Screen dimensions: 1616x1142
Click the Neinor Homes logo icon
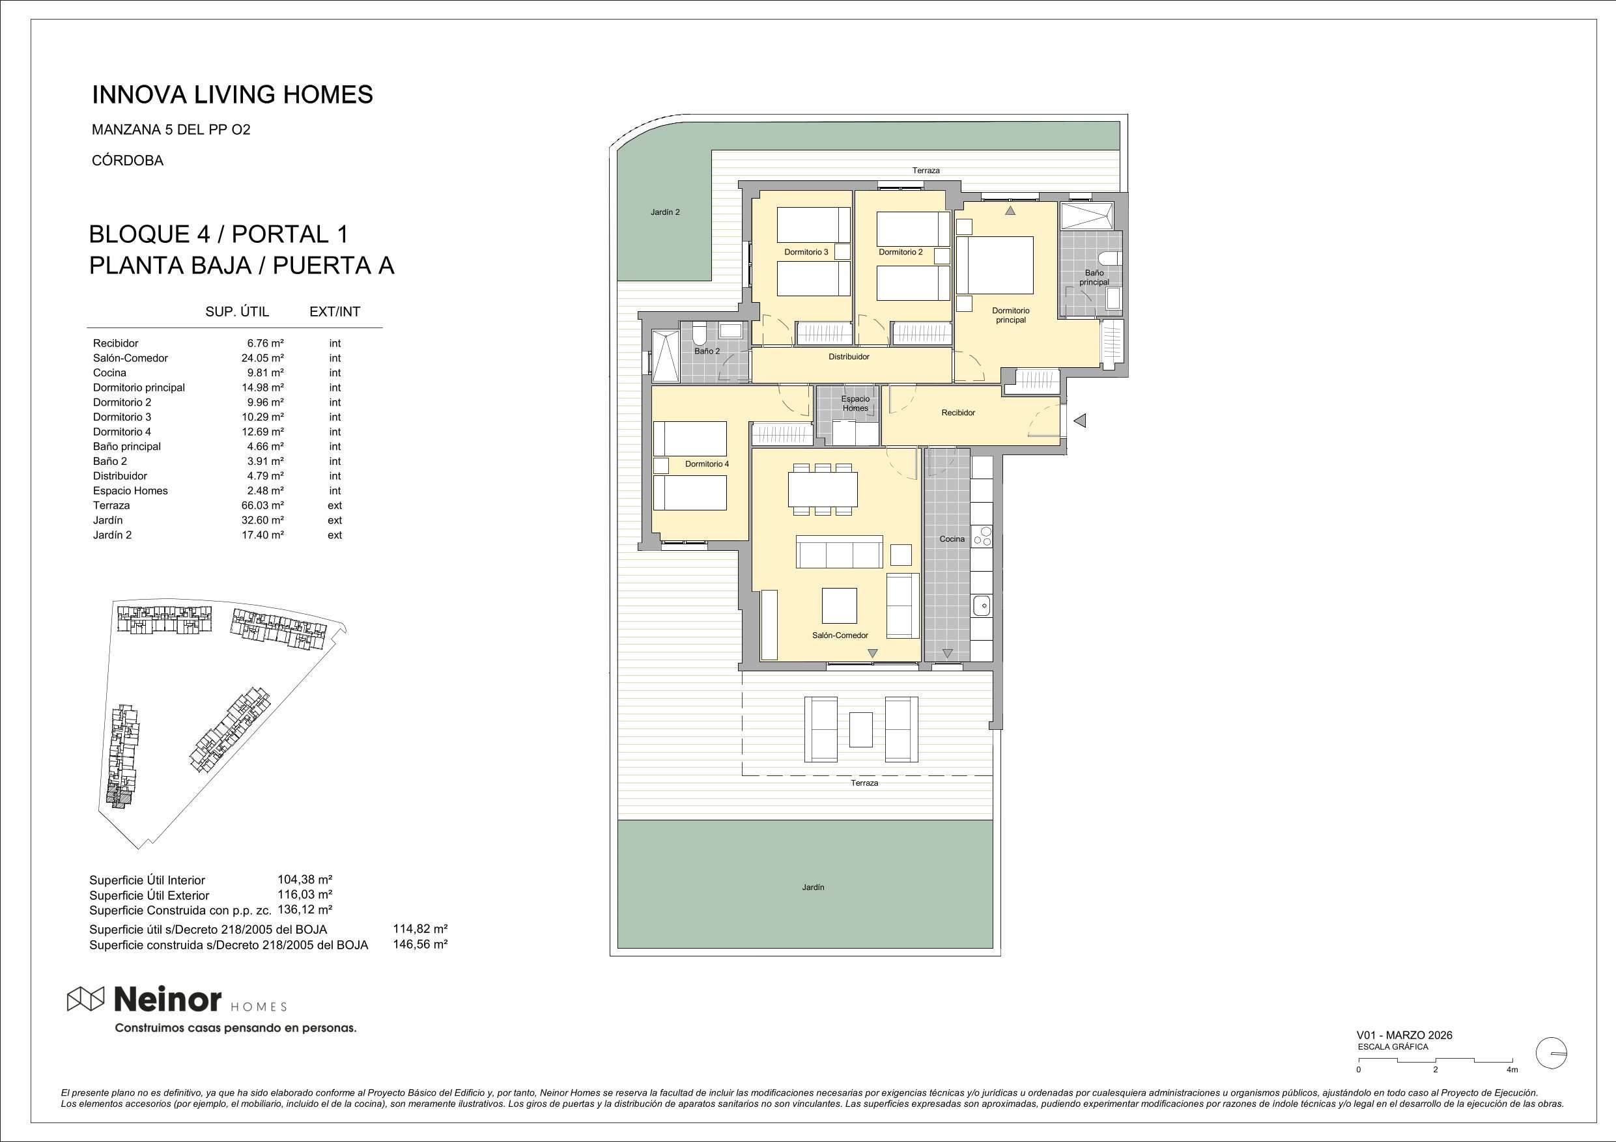pyautogui.click(x=86, y=999)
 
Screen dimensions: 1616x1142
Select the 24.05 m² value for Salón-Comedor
pyautogui.click(x=262, y=358)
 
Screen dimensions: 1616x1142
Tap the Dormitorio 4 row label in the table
pyautogui.click(x=122, y=432)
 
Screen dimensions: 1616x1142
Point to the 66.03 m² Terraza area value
pyautogui.click(x=262, y=505)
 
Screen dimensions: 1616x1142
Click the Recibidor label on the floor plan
pyautogui.click(x=958, y=413)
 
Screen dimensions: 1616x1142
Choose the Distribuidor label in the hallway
pyautogui.click(x=849, y=357)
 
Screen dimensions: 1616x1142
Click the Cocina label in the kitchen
pyautogui.click(x=952, y=539)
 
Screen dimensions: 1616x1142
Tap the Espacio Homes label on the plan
pyautogui.click(x=855, y=403)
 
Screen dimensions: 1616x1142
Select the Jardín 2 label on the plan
pyautogui.click(x=665, y=212)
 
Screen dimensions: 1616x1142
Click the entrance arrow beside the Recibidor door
pyautogui.click(x=1080, y=421)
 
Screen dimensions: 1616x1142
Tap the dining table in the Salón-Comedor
pyautogui.click(x=823, y=489)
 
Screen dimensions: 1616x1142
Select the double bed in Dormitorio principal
pyautogui.click(x=995, y=265)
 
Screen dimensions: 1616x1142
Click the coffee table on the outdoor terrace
pyautogui.click(x=861, y=730)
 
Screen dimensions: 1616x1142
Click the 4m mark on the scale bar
pyautogui.click(x=1512, y=1070)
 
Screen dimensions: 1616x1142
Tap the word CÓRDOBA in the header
pyautogui.click(x=128, y=160)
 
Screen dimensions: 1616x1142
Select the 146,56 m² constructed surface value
pyautogui.click(x=420, y=944)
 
